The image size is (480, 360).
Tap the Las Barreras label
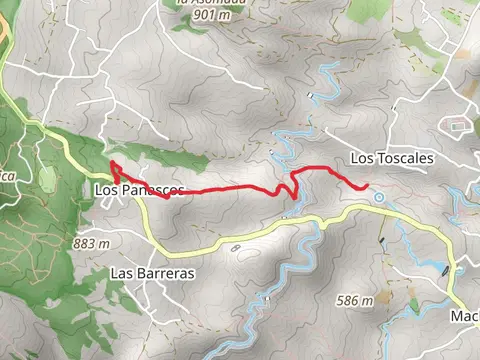coord(152,273)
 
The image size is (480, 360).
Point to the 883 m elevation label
coord(91,243)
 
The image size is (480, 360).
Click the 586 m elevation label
coord(355,300)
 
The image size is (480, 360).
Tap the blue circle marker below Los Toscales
coord(380,197)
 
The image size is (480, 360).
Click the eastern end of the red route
coord(367,186)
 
